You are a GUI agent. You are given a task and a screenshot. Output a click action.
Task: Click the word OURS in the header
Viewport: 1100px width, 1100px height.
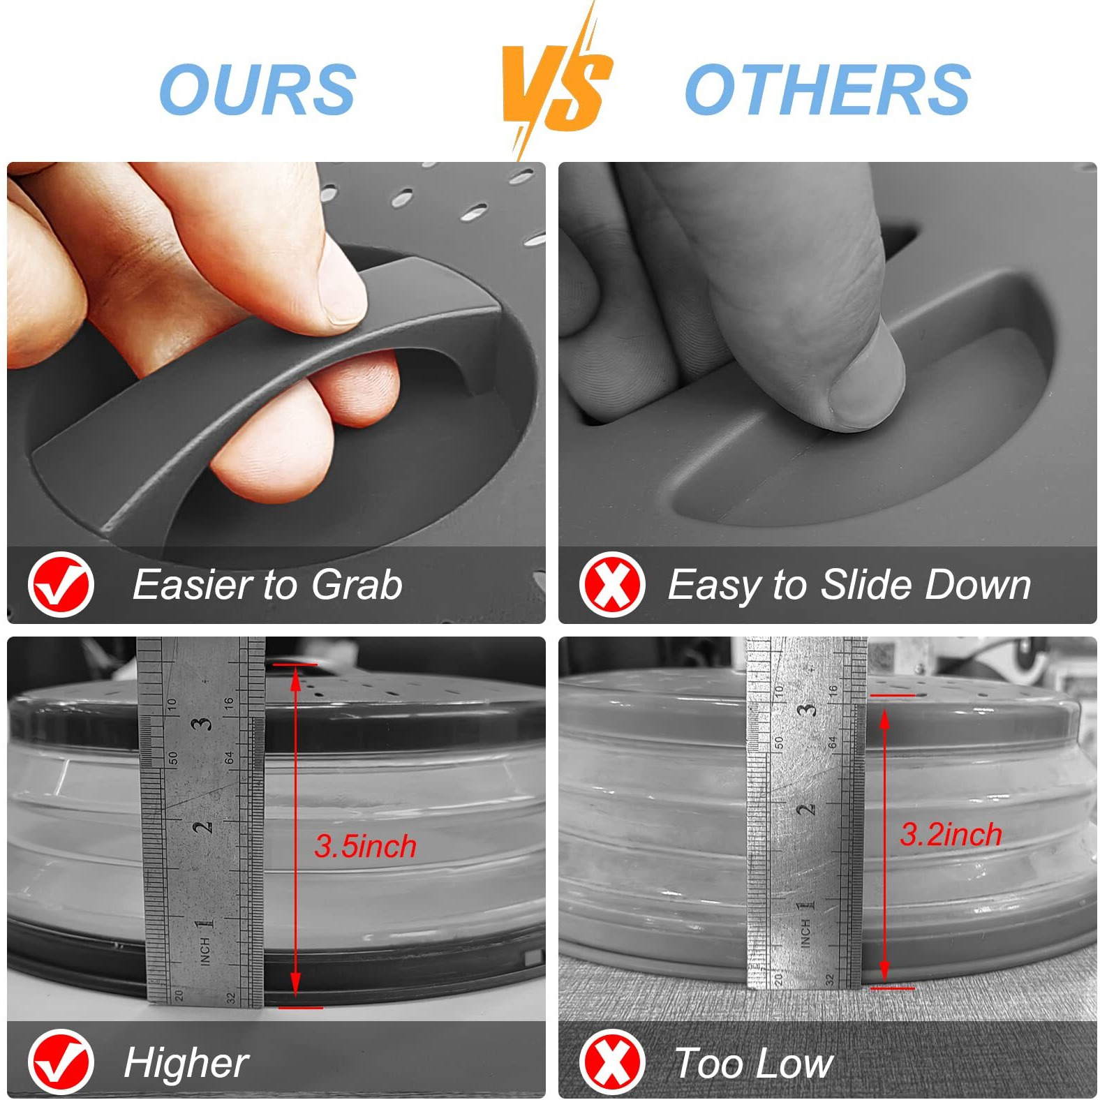tap(258, 89)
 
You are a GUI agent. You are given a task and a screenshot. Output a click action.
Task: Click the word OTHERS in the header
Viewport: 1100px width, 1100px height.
tap(827, 89)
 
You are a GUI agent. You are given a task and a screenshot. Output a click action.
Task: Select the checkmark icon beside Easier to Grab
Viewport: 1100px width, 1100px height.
tap(61, 584)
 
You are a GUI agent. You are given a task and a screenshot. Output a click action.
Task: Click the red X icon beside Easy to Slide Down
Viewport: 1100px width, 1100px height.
tap(612, 584)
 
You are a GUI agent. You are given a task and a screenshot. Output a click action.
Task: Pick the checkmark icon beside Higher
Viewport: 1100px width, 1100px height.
tap(61, 1062)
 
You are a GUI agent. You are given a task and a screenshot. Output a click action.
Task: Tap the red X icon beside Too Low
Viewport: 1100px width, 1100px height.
tap(612, 1062)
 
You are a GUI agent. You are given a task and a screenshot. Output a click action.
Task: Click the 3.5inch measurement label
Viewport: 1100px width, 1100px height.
tap(365, 846)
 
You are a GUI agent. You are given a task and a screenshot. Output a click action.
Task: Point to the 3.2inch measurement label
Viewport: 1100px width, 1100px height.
tap(951, 834)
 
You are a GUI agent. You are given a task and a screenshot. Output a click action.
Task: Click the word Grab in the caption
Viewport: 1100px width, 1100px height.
tap(357, 585)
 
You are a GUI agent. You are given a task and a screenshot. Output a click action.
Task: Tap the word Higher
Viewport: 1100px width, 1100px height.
tap(186, 1064)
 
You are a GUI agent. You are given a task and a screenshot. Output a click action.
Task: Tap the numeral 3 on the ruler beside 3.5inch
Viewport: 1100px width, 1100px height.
tap(203, 723)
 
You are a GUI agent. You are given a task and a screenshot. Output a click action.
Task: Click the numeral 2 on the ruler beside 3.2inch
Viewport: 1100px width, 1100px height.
tap(805, 810)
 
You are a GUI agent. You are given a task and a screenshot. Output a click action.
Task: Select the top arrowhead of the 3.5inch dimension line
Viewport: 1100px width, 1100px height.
tap(295, 677)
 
